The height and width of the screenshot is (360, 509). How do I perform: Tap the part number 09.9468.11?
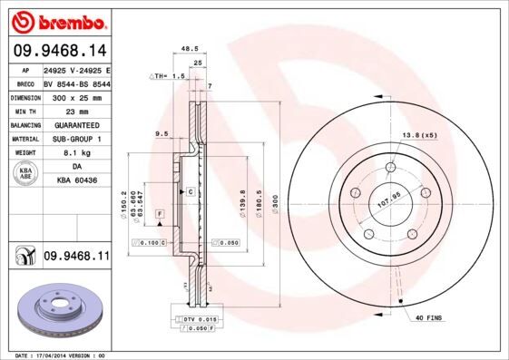click(x=76, y=258)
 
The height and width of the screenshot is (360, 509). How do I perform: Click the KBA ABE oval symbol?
click(x=26, y=174)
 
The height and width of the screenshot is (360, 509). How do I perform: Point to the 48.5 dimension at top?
click(x=190, y=50)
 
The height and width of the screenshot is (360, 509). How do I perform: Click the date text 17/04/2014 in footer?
click(x=62, y=355)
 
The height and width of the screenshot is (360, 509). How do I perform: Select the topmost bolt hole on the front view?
click(x=391, y=166)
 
